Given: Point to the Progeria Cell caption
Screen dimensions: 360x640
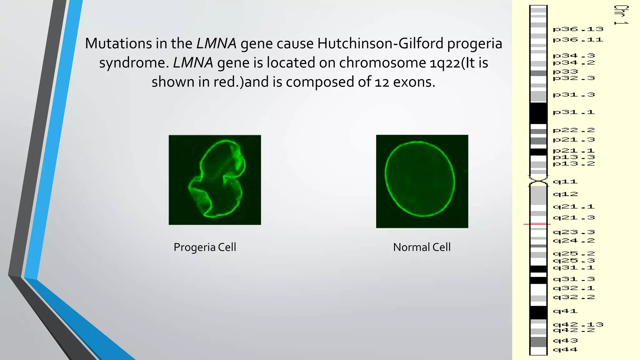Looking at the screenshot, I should [205, 247].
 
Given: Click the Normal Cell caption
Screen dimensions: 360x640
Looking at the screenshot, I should [422, 247].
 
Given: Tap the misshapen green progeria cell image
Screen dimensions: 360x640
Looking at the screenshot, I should [215, 180].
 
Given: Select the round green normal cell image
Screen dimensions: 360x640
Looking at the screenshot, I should [422, 181].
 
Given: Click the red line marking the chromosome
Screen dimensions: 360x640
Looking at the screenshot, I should [537, 224].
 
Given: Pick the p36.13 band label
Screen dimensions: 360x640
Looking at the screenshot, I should [578, 29].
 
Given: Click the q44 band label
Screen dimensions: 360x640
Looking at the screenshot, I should [565, 350].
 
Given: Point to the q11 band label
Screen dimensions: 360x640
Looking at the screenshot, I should [565, 182].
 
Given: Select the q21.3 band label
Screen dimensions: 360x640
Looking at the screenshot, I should [573, 218].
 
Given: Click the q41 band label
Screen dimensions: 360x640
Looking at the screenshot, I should [565, 311].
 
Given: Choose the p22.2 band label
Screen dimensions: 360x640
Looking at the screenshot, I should [573, 130].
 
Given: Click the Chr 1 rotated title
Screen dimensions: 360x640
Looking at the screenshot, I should [621, 15].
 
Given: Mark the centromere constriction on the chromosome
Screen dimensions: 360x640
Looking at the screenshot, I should [538, 181].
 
